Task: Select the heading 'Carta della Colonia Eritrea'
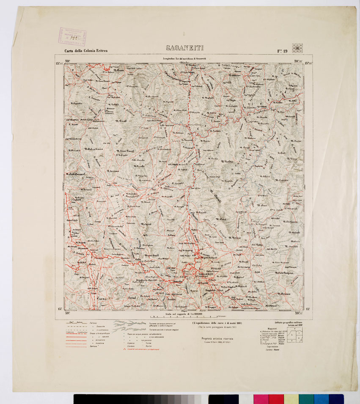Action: click(x=85, y=51)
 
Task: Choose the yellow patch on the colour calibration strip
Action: click(x=291, y=399)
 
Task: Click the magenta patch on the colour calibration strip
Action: click(x=261, y=399)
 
